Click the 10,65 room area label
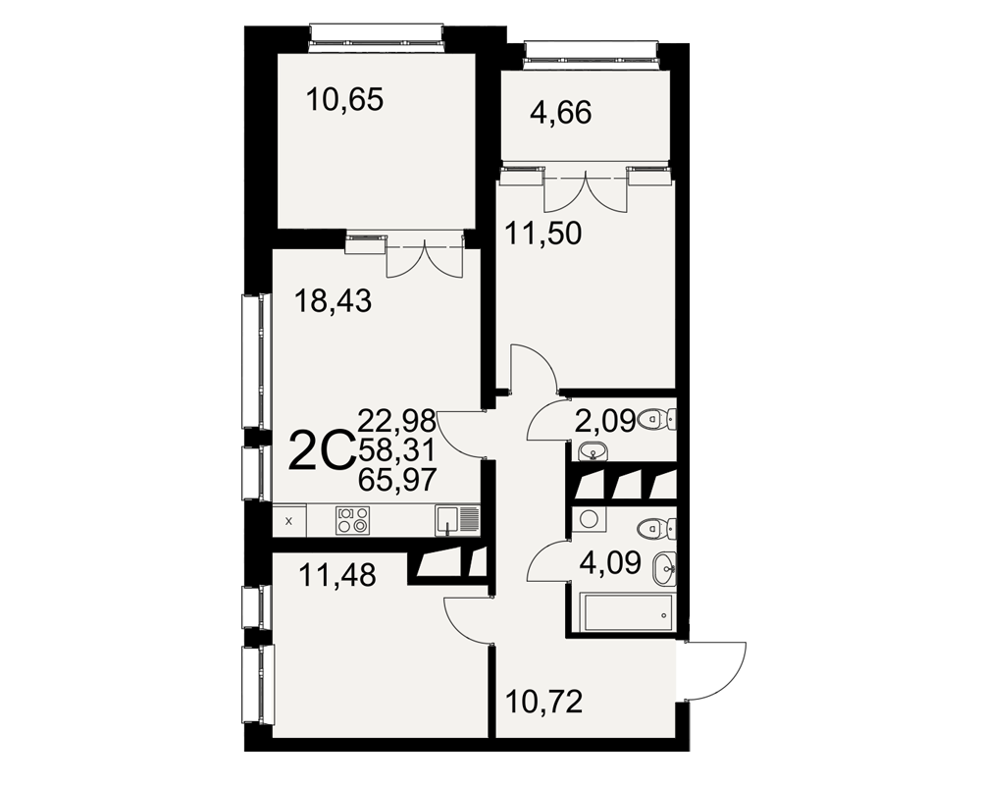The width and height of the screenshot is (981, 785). (344, 99)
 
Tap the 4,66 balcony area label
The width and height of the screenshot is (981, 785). (560, 113)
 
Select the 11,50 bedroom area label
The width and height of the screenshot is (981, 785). (543, 234)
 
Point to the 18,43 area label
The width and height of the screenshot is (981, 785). (334, 301)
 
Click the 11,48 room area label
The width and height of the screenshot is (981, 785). (337, 575)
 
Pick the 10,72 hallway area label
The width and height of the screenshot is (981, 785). (543, 702)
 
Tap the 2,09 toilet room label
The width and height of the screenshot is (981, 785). (604, 421)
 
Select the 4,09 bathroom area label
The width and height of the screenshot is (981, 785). (610, 563)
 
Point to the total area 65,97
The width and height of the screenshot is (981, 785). (396, 481)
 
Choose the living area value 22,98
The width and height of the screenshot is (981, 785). (396, 421)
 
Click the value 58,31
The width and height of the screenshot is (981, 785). (396, 450)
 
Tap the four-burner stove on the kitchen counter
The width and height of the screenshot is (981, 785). (352, 520)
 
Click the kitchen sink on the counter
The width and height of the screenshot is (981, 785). (457, 521)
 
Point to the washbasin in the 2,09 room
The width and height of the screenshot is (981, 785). (592, 450)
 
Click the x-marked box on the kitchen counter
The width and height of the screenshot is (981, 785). (289, 521)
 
